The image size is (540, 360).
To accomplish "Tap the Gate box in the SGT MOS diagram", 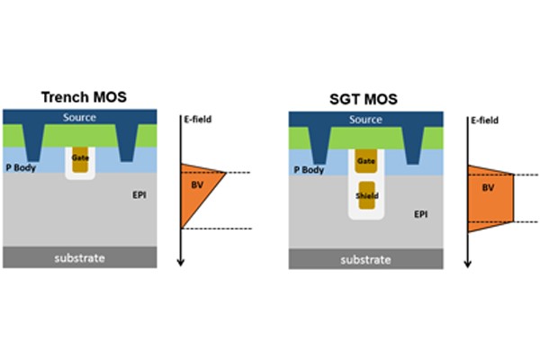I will (365, 160).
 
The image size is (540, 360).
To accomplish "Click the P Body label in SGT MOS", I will (308, 168).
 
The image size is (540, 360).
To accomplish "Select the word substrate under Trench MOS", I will (79, 257).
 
